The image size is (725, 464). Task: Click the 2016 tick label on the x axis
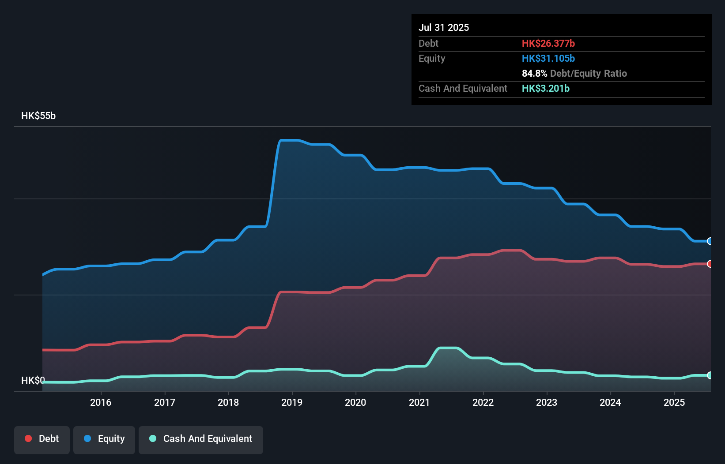tap(101, 402)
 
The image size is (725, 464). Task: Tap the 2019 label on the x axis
tap(292, 402)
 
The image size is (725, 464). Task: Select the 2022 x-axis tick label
tap(483, 402)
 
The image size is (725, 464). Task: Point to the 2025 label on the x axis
tap(674, 402)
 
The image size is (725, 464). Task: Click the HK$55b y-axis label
tap(38, 116)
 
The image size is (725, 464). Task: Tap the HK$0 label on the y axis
tap(33, 380)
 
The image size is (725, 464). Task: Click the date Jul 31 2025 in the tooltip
tap(444, 27)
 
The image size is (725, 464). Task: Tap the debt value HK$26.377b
tap(548, 43)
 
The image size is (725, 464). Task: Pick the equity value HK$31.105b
tap(548, 58)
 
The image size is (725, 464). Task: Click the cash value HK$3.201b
tap(545, 88)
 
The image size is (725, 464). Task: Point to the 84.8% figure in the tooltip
tap(534, 73)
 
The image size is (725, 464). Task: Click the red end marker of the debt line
tap(710, 264)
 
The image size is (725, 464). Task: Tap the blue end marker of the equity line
tap(710, 241)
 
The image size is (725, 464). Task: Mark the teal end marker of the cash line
tap(710, 375)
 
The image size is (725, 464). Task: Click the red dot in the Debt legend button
tap(28, 438)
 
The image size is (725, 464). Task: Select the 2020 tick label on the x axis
tap(355, 402)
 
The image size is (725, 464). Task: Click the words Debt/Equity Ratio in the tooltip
tap(588, 73)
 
